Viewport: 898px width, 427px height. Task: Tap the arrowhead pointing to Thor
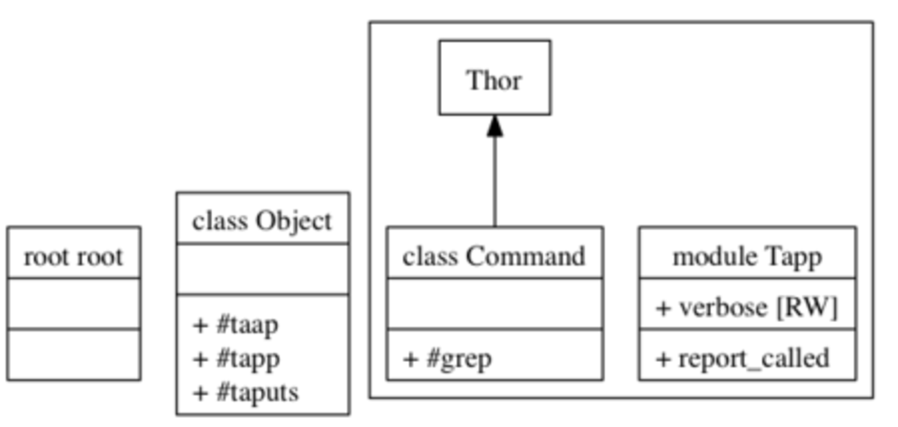(x=495, y=126)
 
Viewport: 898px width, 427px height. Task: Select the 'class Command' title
(x=494, y=256)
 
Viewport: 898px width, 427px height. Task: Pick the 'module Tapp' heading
(x=747, y=256)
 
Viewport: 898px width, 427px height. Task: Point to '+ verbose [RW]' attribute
(x=747, y=307)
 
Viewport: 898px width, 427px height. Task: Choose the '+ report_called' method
(x=743, y=359)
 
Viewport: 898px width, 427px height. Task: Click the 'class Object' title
(x=262, y=222)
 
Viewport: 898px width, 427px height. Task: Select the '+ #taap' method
(x=236, y=325)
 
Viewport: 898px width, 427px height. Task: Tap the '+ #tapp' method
(x=237, y=359)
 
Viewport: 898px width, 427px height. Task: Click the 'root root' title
(x=73, y=256)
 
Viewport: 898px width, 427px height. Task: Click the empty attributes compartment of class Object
(x=262, y=269)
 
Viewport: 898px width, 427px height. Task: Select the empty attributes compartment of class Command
(x=494, y=303)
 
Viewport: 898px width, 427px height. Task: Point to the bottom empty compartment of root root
(x=73, y=354)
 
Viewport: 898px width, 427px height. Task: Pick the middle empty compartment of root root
(x=73, y=303)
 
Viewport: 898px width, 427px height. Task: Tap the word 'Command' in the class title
(x=525, y=256)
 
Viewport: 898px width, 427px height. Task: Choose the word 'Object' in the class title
(x=294, y=222)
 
